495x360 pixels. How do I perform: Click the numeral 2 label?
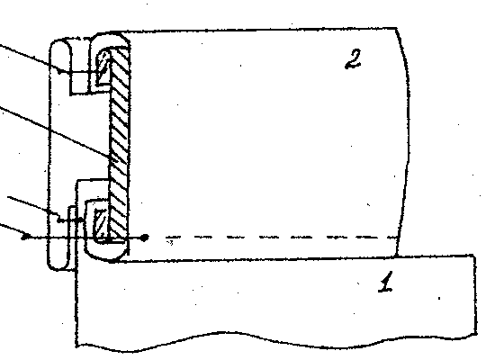tap(353, 59)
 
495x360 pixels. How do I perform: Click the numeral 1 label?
tap(386, 282)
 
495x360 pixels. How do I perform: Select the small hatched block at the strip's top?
tap(103, 67)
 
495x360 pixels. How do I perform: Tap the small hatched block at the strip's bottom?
tap(102, 223)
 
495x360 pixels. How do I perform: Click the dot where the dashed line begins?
tap(144, 238)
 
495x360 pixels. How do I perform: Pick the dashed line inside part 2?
tap(281, 237)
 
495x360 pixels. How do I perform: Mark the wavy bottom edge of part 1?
tap(274, 339)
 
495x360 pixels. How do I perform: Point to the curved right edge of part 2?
tap(406, 142)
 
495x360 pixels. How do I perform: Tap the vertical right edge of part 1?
tap(475, 293)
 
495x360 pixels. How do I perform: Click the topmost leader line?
tap(30, 58)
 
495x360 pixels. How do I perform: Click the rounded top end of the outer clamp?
tap(60, 40)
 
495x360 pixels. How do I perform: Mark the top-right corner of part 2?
tap(397, 29)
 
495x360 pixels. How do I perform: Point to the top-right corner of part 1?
tap(473, 255)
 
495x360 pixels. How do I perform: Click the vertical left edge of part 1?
tap(76, 303)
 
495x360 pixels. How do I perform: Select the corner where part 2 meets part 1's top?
tap(397, 256)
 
